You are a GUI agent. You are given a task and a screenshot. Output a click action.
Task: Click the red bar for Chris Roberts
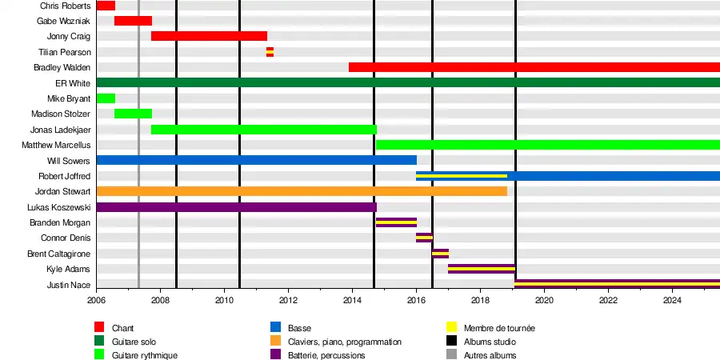coord(106,6)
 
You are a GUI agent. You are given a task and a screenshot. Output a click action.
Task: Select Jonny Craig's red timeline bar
coord(209,36)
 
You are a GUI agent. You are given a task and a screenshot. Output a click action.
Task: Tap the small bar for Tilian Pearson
coord(270,52)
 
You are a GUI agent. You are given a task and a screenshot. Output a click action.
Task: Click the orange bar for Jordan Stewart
coord(302,191)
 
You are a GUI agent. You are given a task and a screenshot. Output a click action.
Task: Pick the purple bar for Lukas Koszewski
coord(236,207)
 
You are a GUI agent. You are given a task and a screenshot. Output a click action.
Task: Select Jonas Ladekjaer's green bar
coord(263,130)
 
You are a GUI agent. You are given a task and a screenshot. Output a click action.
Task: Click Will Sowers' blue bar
coord(256,160)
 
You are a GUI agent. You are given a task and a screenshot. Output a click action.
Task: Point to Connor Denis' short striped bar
coord(424,238)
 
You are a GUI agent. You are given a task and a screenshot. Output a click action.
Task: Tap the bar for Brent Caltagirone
coord(440,254)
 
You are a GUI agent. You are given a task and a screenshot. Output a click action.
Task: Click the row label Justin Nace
coord(68,285)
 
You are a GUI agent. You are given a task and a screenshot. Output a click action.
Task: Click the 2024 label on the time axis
coord(672,301)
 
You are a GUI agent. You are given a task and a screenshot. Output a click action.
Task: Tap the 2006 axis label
coord(96,301)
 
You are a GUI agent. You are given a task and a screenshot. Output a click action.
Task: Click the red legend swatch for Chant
coord(100,327)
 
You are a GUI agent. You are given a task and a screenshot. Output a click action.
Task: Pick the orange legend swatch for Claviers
coord(276,342)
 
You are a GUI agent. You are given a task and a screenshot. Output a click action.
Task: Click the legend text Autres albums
coord(490,355)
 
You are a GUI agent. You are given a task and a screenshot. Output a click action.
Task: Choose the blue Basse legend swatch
coord(276,327)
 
